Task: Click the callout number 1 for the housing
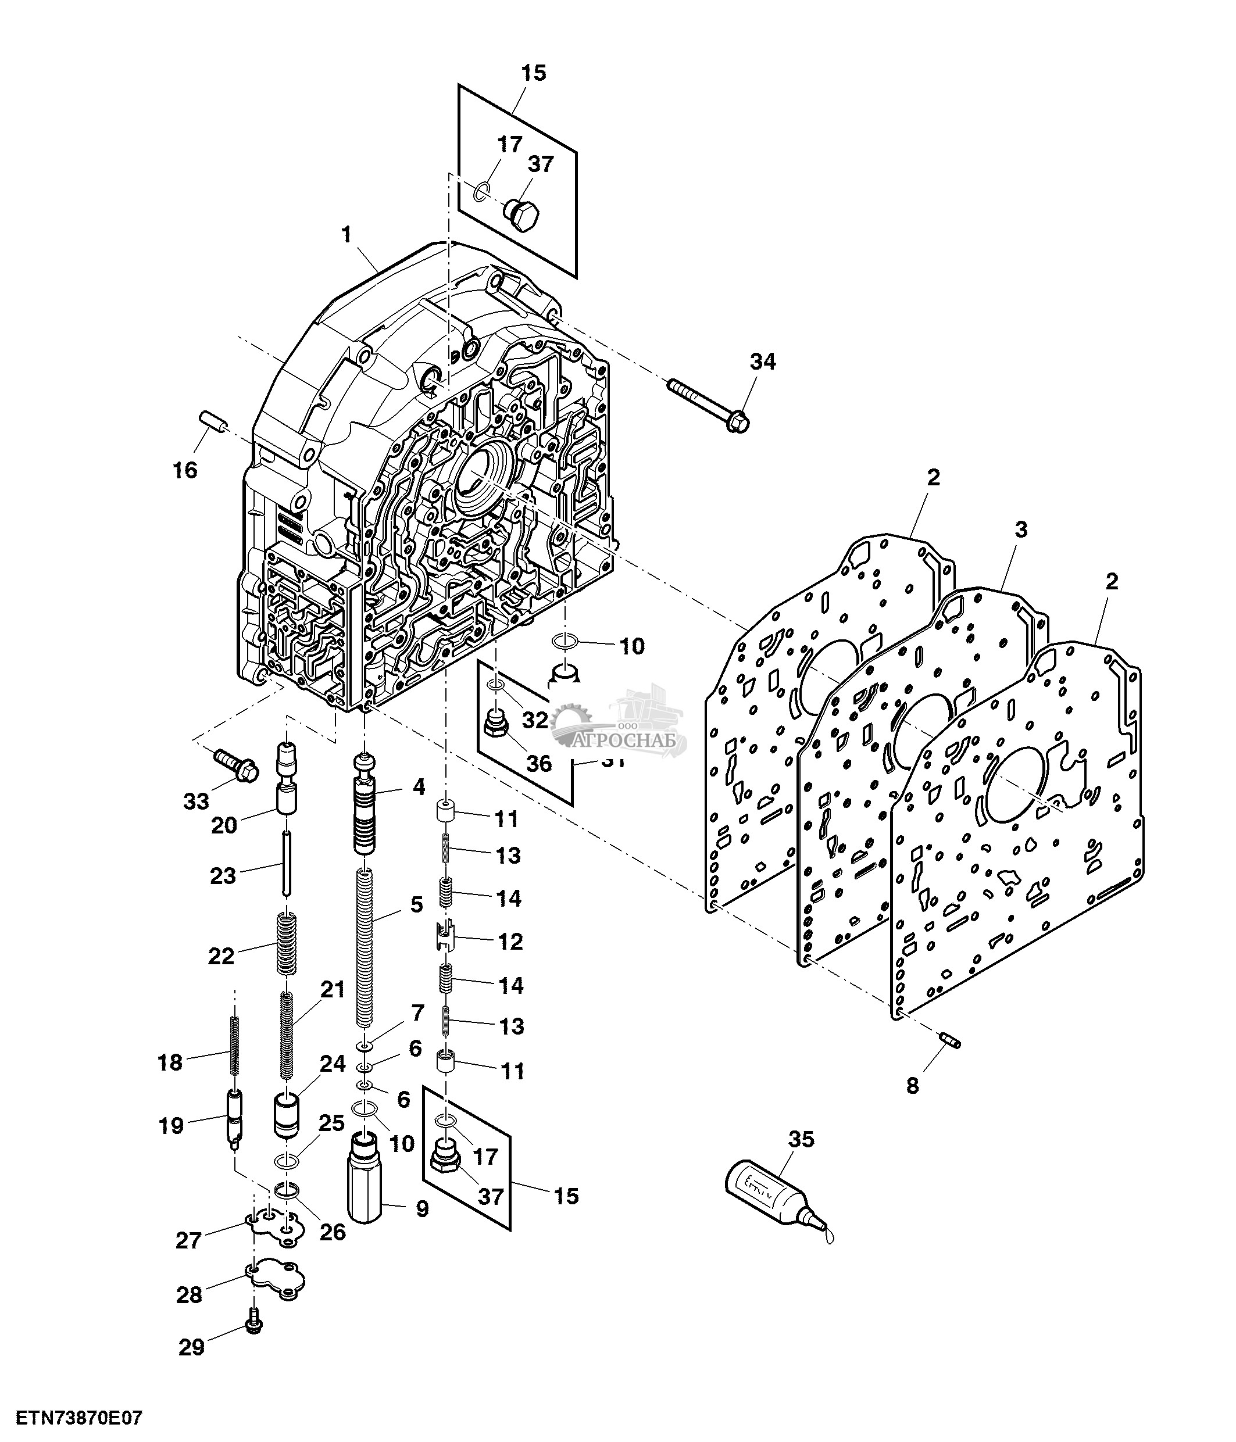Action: click(x=346, y=235)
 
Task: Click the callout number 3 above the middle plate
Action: click(x=1020, y=530)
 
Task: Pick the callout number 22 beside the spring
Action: click(x=222, y=956)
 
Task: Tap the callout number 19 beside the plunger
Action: click(x=171, y=1125)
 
